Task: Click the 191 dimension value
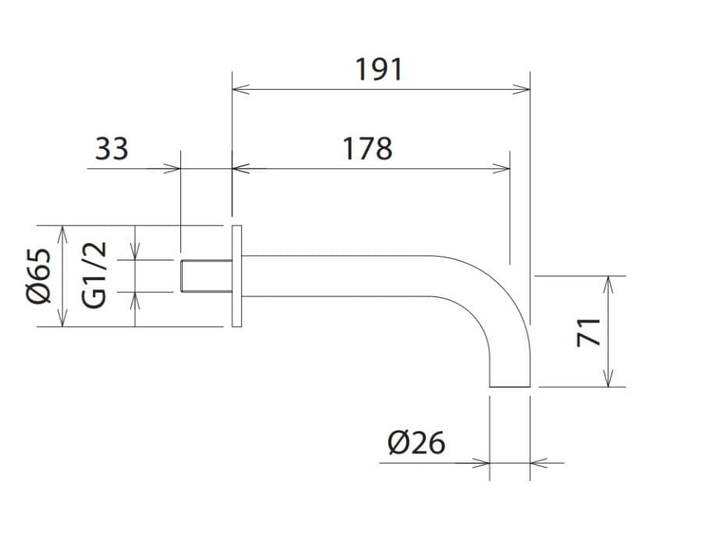coord(379,70)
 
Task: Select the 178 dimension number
coord(367,149)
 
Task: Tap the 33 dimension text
coord(112,149)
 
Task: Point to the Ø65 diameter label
coord(39,276)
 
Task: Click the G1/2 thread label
coord(94,275)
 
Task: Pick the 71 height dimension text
coord(588,332)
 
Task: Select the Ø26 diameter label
coord(417,442)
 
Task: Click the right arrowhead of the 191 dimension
coord(522,90)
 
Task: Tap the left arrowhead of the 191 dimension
coord(241,90)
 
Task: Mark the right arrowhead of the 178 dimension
coord(502,168)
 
